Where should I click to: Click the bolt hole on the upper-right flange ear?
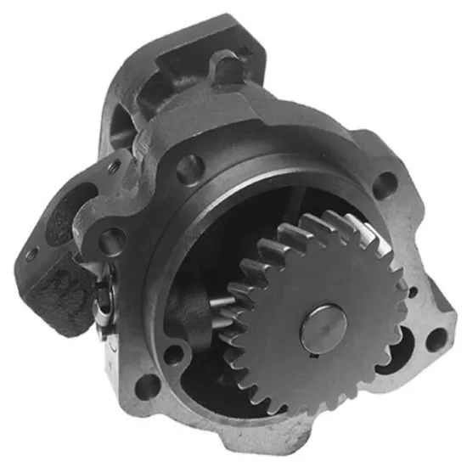click(384, 181)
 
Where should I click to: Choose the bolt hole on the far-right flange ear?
click(434, 339)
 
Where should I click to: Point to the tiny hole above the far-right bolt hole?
click(414, 293)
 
